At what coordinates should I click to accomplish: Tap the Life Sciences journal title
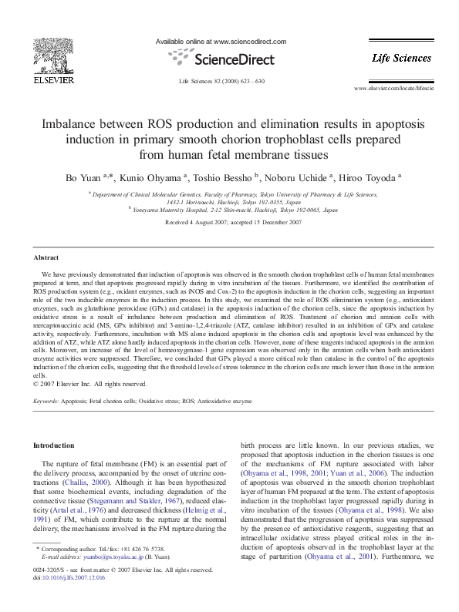click(x=401, y=58)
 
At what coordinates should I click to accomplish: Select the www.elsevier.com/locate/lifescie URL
click(x=394, y=90)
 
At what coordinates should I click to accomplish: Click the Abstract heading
click(x=47, y=257)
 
